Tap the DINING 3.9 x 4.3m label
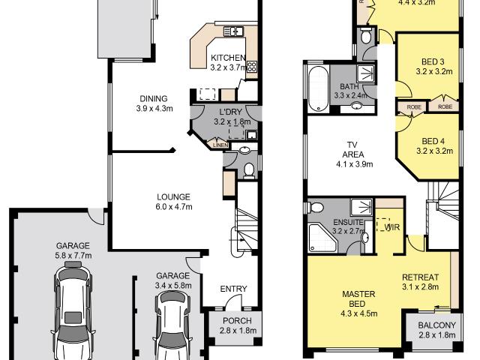154,103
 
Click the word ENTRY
233,289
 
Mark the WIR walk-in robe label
391,226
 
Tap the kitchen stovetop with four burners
252,66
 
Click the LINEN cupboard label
220,145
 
